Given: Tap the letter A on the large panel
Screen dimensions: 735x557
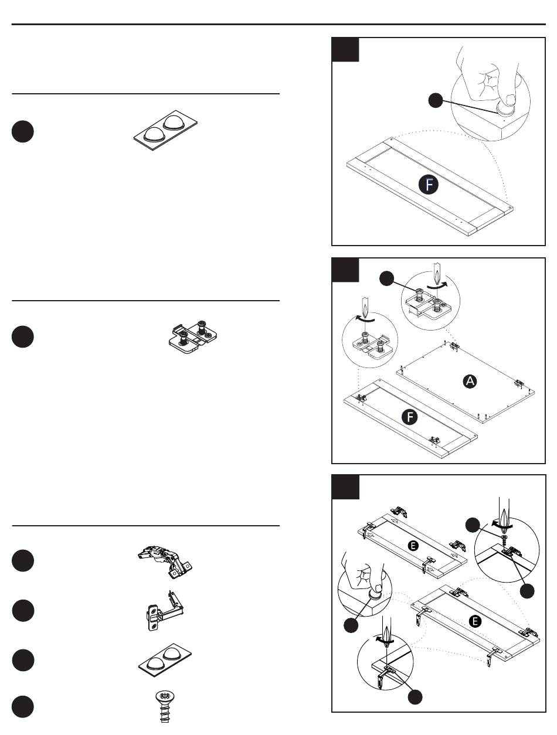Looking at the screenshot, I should coord(469,382).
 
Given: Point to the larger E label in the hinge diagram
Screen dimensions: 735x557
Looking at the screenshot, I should coord(476,621).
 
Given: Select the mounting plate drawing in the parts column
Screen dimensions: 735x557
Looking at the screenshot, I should coord(193,337).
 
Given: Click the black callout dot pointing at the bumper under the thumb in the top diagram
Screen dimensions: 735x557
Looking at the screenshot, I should coord(434,101).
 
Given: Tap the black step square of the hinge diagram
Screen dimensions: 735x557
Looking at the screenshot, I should coord(345,488).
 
